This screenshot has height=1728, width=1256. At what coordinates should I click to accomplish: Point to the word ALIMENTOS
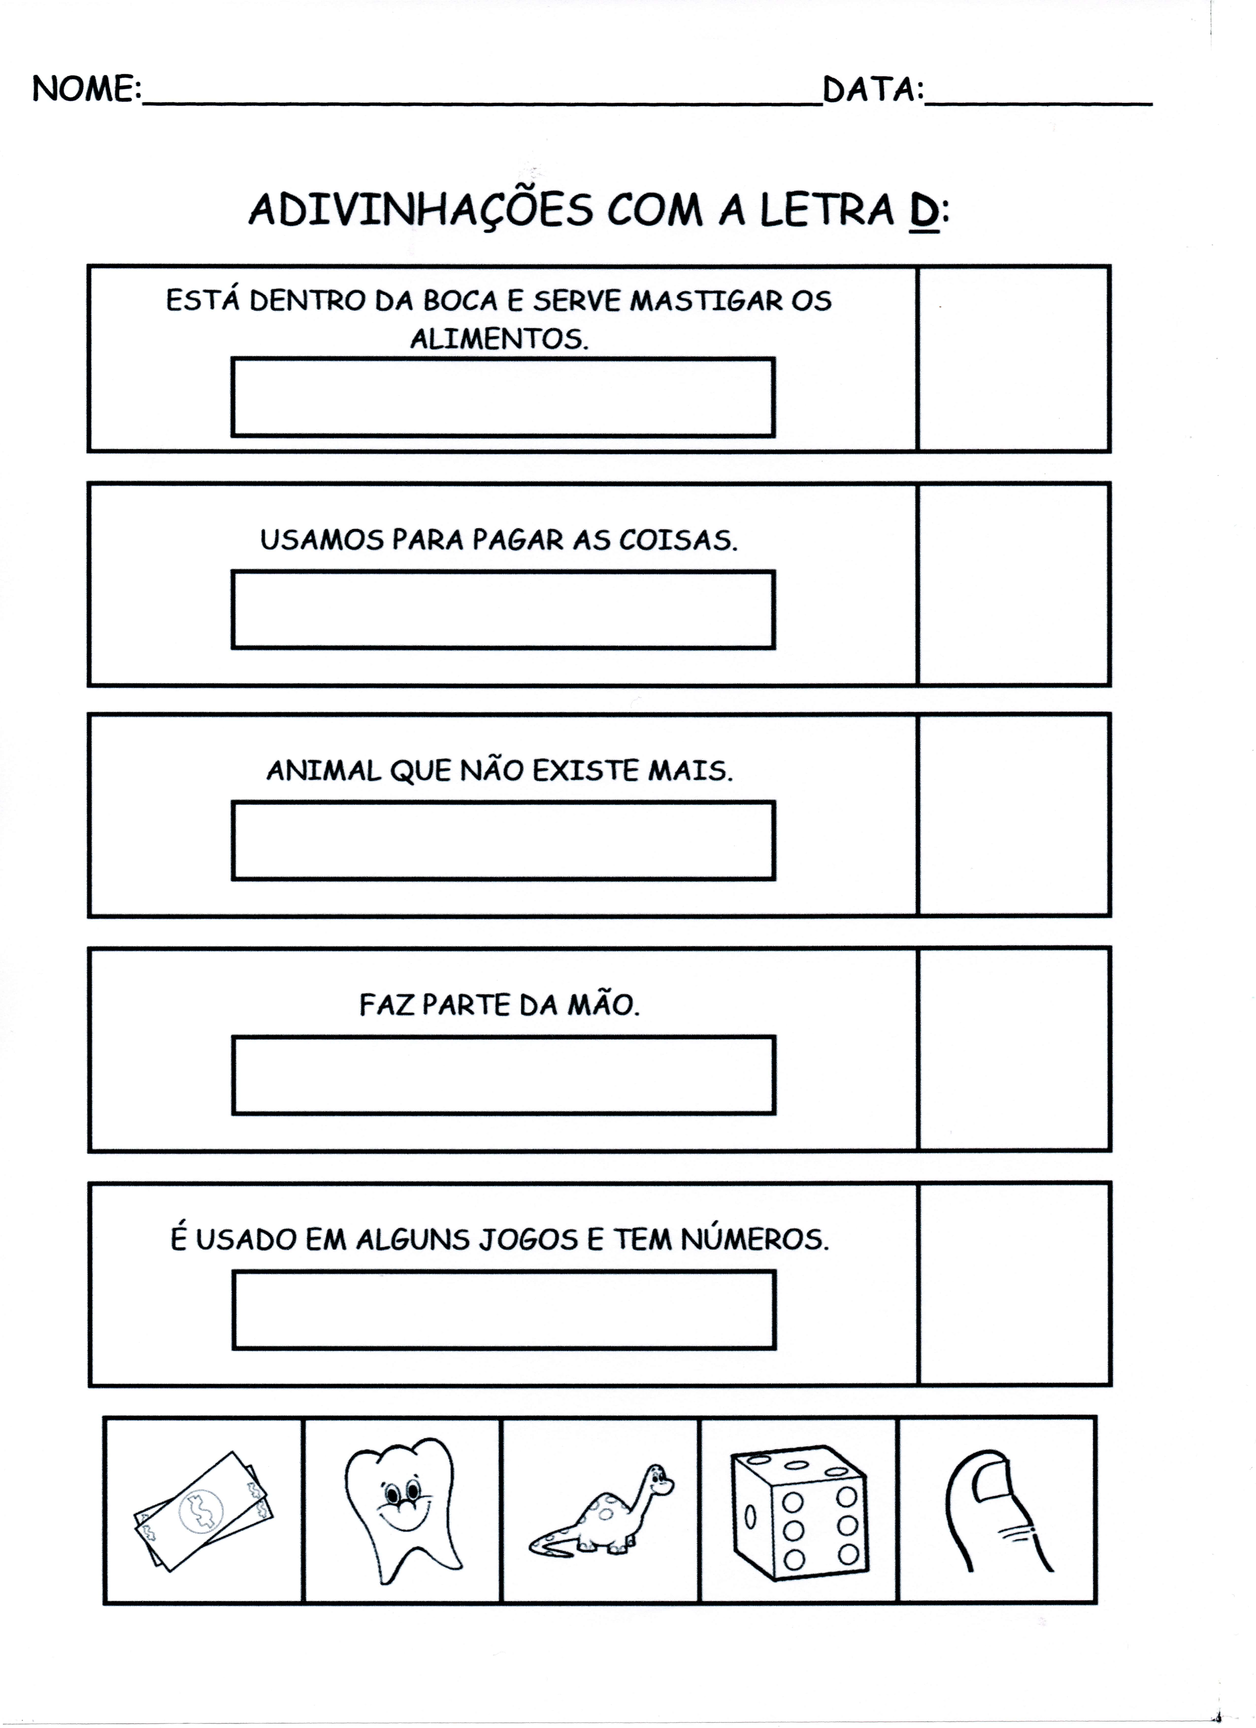click(x=499, y=338)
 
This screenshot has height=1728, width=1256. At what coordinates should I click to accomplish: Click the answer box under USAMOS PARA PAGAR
click(x=503, y=610)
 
